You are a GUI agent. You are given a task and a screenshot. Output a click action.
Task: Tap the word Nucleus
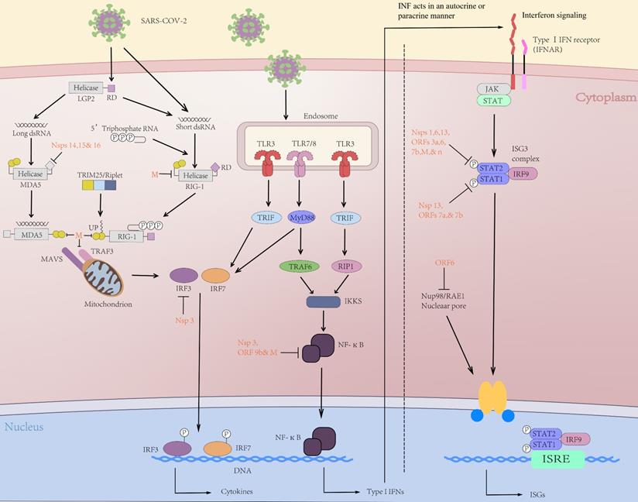click(x=25, y=427)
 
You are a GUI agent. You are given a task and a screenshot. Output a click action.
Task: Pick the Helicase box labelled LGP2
click(x=86, y=88)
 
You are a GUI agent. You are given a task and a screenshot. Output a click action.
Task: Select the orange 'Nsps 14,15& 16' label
click(x=76, y=145)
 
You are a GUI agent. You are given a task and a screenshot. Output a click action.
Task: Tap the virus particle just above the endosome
click(x=286, y=68)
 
